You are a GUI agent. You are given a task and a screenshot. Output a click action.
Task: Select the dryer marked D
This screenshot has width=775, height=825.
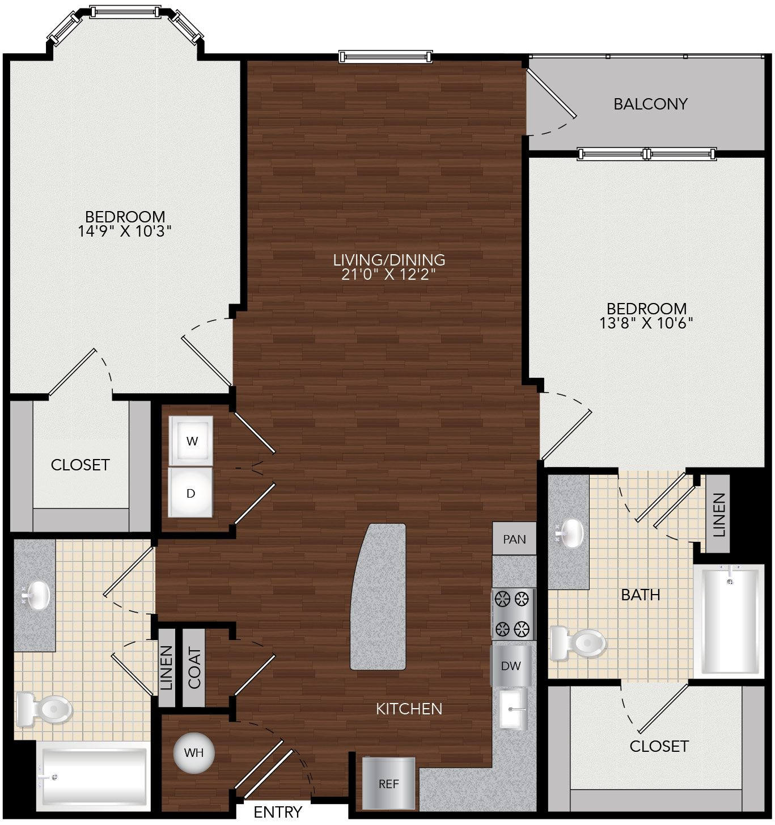tap(190, 493)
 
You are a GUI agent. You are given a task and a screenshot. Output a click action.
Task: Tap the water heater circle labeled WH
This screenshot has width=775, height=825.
tap(194, 752)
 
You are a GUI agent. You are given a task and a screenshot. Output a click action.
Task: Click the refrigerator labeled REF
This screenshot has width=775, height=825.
tap(388, 784)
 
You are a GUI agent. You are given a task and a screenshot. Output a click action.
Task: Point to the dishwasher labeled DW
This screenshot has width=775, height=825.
tap(511, 666)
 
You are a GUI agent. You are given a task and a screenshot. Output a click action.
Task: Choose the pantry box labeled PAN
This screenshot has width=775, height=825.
tap(514, 539)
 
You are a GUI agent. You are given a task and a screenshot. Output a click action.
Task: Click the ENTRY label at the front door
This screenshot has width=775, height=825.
tap(278, 812)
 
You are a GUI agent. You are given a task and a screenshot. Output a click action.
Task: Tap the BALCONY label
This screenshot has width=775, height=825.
tap(650, 104)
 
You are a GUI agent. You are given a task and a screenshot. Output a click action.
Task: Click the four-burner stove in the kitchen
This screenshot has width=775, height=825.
tap(514, 614)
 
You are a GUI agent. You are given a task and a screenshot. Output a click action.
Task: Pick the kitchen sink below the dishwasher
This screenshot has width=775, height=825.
tap(513, 709)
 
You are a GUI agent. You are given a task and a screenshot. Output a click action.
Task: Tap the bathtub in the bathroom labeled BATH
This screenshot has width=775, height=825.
tap(729, 621)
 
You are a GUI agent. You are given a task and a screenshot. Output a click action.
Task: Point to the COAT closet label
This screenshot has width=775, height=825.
tap(194, 668)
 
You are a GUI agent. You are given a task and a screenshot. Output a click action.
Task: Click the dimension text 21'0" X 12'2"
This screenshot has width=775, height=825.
tap(389, 274)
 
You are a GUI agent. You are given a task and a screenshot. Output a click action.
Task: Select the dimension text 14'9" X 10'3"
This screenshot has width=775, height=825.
tap(125, 231)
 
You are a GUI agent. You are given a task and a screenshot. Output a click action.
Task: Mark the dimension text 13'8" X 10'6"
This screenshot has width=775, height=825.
tap(646, 323)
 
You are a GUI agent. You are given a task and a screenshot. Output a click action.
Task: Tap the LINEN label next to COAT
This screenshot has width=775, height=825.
tap(166, 668)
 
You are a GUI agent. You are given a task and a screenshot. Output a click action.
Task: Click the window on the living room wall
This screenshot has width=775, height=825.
tap(386, 57)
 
